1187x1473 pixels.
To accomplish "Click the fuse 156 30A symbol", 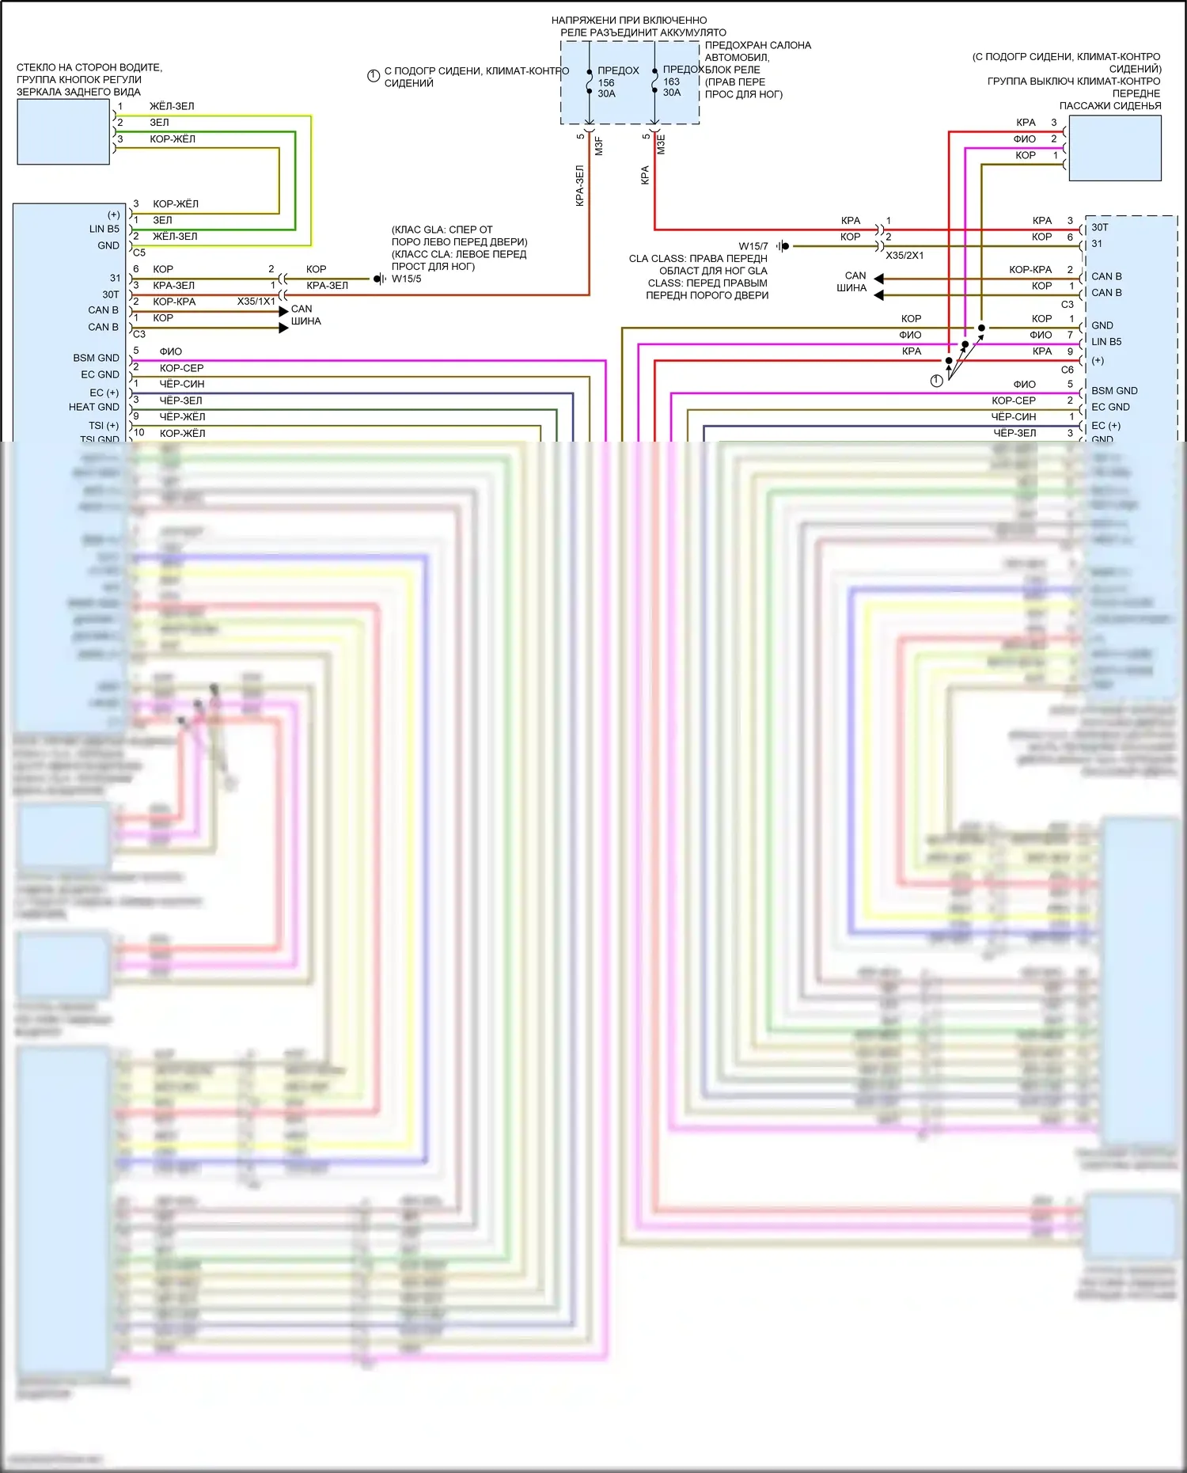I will [590, 82].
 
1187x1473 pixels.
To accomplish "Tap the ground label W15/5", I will [407, 279].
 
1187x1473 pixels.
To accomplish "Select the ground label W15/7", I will [753, 246].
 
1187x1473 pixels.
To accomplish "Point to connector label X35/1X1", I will [256, 302].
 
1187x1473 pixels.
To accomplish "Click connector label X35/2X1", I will [904, 256].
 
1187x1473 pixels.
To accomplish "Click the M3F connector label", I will [599, 146].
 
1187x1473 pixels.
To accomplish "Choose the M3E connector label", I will [662, 145].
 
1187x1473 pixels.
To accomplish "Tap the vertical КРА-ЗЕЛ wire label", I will [579, 186].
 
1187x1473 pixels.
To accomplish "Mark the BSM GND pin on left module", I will [96, 358].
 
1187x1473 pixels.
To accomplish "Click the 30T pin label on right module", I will [1100, 227].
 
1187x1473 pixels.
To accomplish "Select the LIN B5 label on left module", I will [104, 229].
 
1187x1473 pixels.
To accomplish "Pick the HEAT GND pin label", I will [93, 407].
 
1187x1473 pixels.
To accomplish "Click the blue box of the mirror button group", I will [63, 132].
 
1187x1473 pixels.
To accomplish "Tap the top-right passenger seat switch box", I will [1114, 148].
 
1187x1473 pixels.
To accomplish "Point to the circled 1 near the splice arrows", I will [936, 381].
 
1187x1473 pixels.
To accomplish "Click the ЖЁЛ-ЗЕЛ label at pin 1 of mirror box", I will [172, 106].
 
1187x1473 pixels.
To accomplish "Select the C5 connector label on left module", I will [139, 252].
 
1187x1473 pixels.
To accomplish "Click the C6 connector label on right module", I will [1067, 370].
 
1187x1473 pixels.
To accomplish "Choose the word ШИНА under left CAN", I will [305, 321].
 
